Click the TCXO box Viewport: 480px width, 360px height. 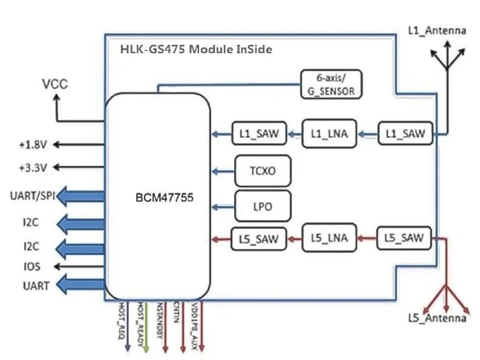point(262,171)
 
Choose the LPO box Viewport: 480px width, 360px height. point(262,206)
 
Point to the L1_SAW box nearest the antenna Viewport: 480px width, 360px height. point(405,134)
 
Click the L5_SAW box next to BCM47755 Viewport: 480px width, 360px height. point(258,239)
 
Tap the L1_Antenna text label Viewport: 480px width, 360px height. point(436,30)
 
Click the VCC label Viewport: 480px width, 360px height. point(55,84)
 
